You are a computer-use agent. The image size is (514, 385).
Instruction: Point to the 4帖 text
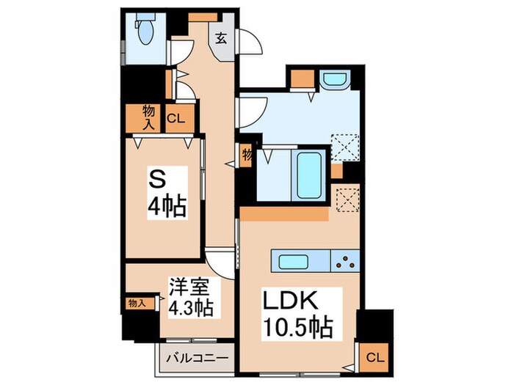(166, 205)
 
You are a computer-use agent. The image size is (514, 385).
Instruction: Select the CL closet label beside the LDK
(374, 358)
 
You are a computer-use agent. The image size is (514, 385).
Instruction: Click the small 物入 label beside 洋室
(137, 302)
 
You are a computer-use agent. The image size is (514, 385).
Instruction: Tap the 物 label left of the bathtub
(247, 155)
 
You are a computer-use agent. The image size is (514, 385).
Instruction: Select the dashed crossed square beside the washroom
(344, 147)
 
